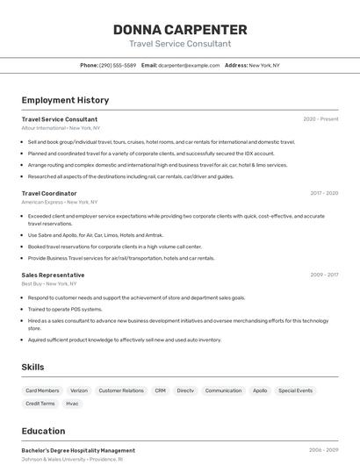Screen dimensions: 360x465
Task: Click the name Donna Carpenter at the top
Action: (180, 30)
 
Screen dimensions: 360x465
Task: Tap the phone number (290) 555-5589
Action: (118, 65)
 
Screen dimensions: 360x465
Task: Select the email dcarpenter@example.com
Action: (189, 65)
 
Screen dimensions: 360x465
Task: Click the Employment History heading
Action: (65, 101)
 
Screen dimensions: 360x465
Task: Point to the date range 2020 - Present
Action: (320, 119)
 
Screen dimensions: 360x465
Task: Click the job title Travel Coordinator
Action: (49, 193)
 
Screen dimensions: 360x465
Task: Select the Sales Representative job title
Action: (53, 275)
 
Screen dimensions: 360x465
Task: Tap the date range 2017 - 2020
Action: (323, 193)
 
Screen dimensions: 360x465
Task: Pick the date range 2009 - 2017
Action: (323, 275)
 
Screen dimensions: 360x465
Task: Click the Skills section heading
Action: (32, 367)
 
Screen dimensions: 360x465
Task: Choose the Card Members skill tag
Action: (42, 390)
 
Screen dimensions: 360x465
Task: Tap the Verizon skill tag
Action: (79, 390)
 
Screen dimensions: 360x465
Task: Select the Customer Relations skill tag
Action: (121, 390)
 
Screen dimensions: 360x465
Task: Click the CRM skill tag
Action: (160, 390)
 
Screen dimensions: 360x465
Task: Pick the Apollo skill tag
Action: (260, 390)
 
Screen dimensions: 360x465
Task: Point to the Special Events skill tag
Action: (295, 390)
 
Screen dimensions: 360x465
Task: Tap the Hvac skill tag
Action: (72, 404)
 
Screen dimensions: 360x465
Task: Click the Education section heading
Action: (44, 431)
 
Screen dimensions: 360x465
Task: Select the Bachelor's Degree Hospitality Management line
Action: (78, 450)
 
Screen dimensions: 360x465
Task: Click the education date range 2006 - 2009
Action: (323, 450)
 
